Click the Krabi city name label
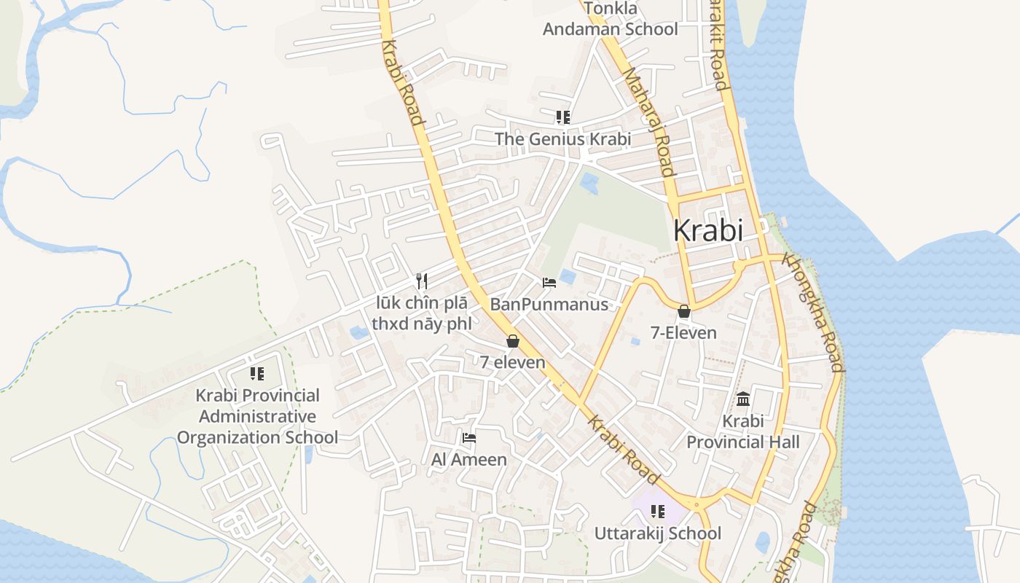click(x=707, y=230)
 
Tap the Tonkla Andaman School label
click(x=611, y=20)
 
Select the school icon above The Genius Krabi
click(x=562, y=117)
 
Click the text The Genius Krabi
click(x=562, y=138)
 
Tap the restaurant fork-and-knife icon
click(x=421, y=281)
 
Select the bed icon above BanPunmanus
click(x=549, y=283)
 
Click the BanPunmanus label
click(x=549, y=304)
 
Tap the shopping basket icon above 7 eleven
click(x=513, y=341)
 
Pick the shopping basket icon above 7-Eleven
click(x=683, y=312)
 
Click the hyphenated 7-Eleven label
click(x=683, y=333)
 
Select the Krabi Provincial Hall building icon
click(x=743, y=399)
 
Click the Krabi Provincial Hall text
click(x=743, y=431)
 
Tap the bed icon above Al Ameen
click(x=469, y=438)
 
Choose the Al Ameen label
click(x=469, y=459)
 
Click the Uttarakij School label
click(x=658, y=533)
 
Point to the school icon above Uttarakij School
click(x=658, y=512)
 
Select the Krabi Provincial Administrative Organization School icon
click(x=257, y=374)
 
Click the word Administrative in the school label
click(x=258, y=416)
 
